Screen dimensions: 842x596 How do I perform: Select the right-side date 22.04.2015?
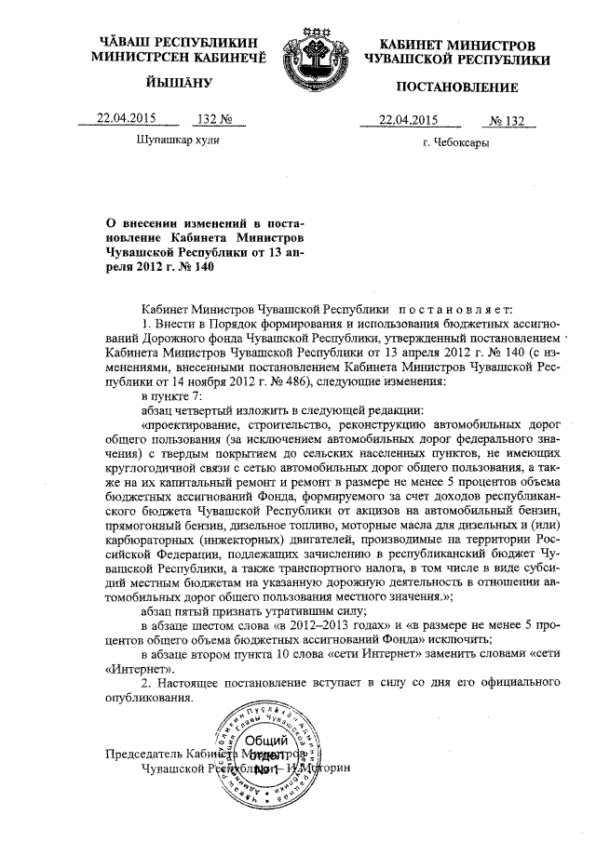(408, 119)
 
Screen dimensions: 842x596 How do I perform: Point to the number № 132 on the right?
(508, 120)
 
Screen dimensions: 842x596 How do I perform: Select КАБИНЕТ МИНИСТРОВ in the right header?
(458, 46)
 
